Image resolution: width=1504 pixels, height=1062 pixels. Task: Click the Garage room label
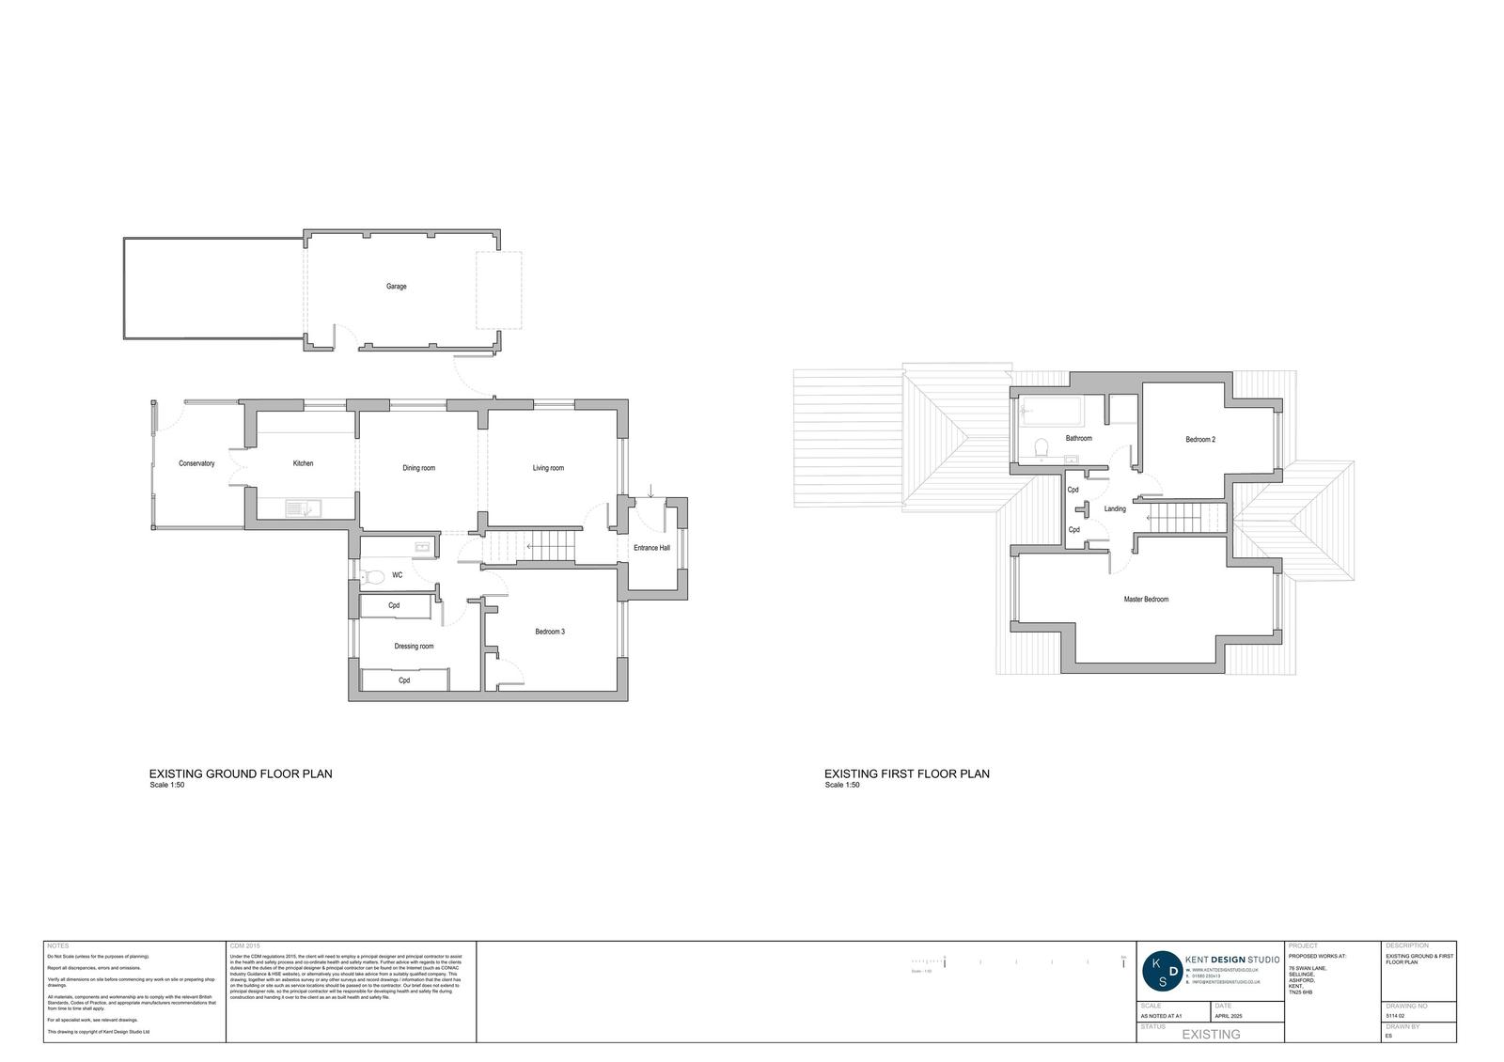pos(396,287)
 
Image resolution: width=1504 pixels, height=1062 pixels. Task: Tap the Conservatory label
pos(196,463)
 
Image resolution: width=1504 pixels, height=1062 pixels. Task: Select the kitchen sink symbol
pos(303,508)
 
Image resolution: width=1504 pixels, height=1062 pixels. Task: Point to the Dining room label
pos(418,468)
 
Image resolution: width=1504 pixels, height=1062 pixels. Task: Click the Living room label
pos(548,468)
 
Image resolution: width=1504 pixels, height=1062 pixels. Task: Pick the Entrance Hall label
pos(651,548)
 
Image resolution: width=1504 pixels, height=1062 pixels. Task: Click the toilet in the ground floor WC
pos(371,576)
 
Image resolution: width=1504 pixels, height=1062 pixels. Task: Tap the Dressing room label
pos(414,647)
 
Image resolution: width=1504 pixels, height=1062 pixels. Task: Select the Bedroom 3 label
pos(550,632)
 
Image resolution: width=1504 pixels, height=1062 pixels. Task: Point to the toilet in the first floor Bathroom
pos(1041,449)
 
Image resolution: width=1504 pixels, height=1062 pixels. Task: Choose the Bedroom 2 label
pos(1199,440)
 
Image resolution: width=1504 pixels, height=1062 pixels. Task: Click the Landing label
pos(1115,509)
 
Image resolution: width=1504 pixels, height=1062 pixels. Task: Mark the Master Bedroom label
pos(1146,600)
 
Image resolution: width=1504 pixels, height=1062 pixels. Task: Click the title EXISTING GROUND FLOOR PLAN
pos(241,774)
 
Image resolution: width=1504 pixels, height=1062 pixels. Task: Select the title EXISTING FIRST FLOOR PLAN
pos(907,774)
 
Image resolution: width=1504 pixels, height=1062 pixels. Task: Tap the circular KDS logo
pos(1163,972)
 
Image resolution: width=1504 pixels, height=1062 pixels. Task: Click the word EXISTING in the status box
pos(1210,1035)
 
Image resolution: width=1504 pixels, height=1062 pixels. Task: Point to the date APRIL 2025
pos(1229,1016)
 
